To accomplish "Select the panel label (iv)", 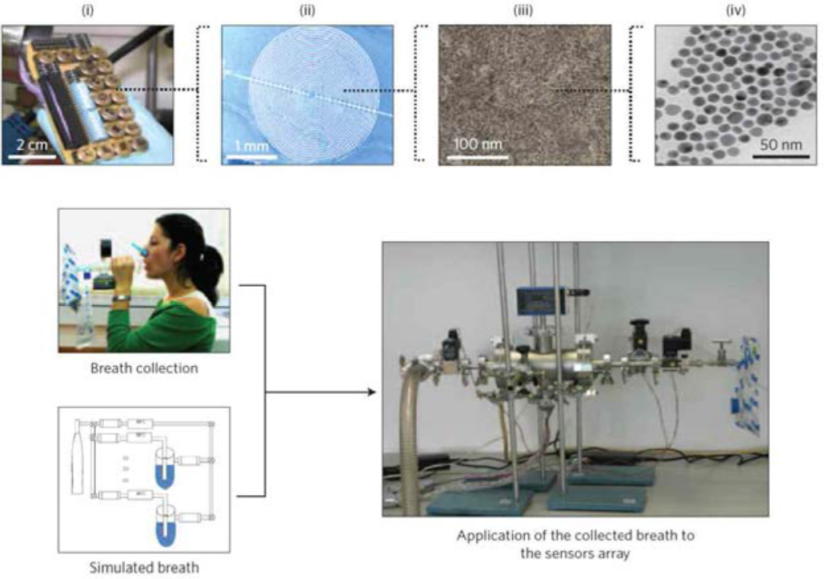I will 738,11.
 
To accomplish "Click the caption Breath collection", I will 144,368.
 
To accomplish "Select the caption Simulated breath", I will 144,568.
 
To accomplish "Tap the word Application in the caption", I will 492,535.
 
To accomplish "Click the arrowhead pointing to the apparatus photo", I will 370,392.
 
